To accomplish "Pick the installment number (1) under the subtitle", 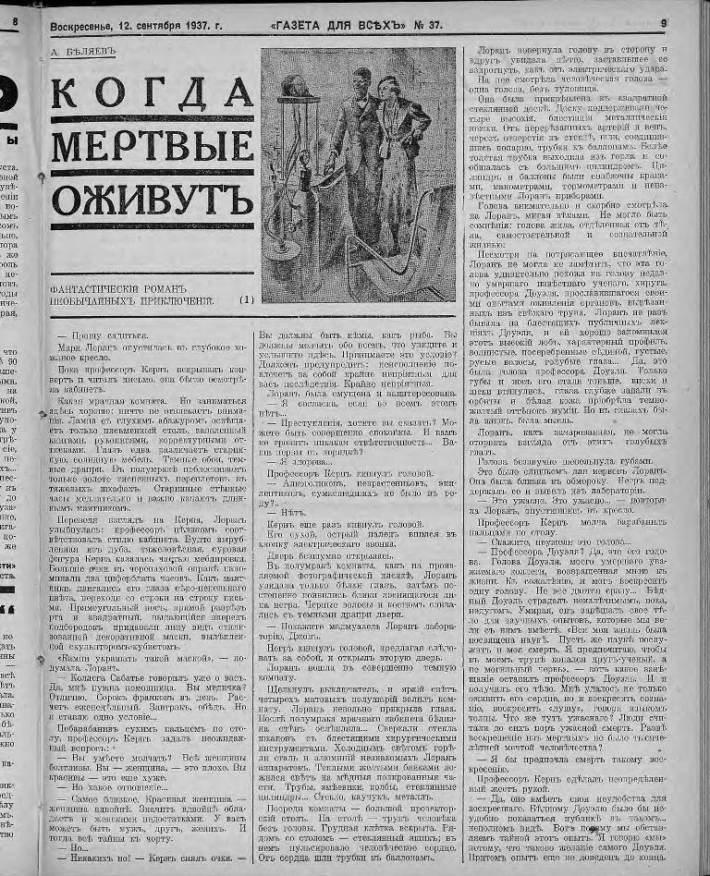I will click(245, 299).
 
